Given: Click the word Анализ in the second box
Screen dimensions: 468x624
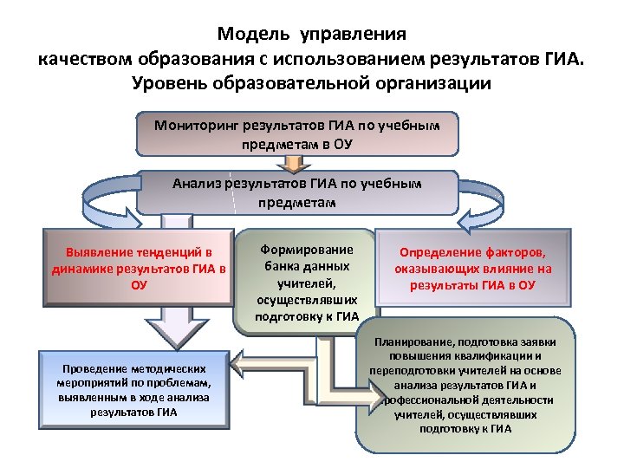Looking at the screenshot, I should click(198, 184).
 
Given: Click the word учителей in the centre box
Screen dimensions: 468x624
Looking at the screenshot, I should click(302, 283).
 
